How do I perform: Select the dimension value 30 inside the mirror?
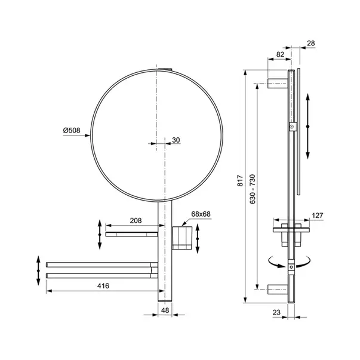175,140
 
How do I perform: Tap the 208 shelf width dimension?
136,220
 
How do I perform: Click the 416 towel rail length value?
103,287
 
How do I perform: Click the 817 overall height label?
240,180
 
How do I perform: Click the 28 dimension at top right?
310,42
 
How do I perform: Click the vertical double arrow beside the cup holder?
198,236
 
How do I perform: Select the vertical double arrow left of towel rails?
38,272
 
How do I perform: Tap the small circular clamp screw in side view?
291,127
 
